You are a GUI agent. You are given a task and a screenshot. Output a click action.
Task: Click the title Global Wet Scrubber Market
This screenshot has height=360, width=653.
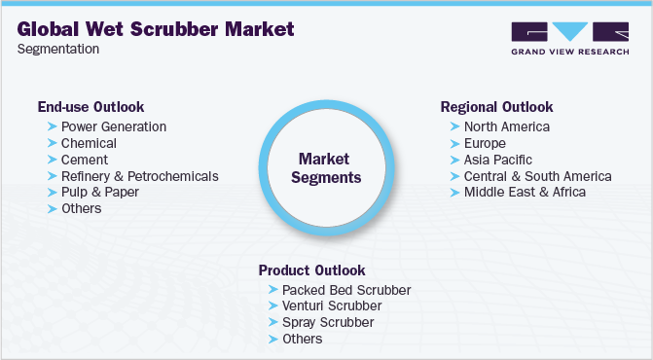(156, 27)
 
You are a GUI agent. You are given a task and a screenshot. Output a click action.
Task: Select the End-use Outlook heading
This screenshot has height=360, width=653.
(91, 107)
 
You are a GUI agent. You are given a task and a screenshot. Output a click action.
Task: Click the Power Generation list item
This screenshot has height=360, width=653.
(113, 126)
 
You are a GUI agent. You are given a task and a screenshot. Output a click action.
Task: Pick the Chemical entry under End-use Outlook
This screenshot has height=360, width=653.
(89, 143)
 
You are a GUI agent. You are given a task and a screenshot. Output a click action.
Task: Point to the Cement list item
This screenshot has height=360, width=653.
(84, 160)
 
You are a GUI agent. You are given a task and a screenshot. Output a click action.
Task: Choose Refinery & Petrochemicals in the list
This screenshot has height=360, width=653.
(139, 176)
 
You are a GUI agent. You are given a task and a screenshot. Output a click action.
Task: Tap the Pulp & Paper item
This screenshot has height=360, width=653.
(99, 192)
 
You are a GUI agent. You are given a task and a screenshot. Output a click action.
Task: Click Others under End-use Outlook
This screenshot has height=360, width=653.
(81, 208)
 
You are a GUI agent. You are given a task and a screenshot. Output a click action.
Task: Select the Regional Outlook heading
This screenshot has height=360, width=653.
(496, 107)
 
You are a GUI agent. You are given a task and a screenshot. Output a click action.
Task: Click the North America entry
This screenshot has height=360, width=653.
(506, 126)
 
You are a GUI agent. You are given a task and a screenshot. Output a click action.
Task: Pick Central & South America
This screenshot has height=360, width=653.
(537, 176)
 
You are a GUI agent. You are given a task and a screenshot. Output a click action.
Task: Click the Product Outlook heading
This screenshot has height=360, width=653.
(310, 270)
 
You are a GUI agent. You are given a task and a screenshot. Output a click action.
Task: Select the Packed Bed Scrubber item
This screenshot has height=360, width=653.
(345, 290)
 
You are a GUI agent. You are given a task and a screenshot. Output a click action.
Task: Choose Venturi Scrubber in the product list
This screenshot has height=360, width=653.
(332, 306)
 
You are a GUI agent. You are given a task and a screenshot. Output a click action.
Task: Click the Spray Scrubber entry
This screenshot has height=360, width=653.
(327, 322)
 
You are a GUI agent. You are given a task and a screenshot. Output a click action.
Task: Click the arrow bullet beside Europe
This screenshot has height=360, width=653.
(454, 143)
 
